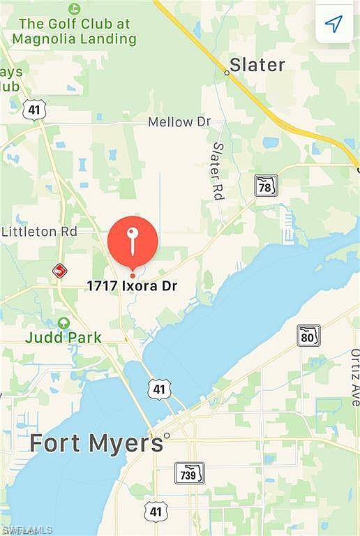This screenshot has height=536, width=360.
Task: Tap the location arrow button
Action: [334, 24]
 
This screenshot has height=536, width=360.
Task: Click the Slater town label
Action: [257, 65]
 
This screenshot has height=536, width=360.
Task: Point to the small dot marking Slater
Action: [227, 72]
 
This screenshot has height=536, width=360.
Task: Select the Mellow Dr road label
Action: [179, 122]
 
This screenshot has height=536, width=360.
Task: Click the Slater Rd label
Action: [218, 172]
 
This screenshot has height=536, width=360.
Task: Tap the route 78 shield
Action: [266, 185]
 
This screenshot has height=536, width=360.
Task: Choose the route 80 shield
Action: [308, 335]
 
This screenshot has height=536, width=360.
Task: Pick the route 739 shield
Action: [189, 472]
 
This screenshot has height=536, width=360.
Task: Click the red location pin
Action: [133, 241]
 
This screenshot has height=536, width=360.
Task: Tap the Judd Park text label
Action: [63, 338]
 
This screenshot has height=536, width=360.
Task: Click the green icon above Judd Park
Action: [63, 323]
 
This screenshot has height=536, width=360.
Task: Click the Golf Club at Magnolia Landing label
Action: [75, 31]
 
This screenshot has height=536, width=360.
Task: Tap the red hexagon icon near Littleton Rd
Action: [60, 270]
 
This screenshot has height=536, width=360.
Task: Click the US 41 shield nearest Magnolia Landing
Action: [34, 109]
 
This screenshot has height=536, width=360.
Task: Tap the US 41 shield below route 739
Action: [156, 512]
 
